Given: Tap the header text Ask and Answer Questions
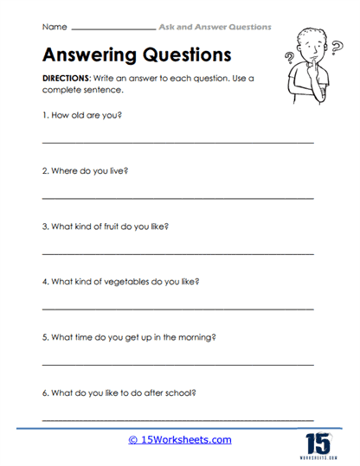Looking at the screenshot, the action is (215, 28).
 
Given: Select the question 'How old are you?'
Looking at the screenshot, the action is (81, 114).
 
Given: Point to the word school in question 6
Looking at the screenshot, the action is (181, 393).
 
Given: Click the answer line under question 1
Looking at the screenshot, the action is (177, 142).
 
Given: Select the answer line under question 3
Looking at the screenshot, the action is (177, 253).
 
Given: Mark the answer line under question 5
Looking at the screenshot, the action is (177, 364).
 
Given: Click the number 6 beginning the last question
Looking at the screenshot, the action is (44, 393).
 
